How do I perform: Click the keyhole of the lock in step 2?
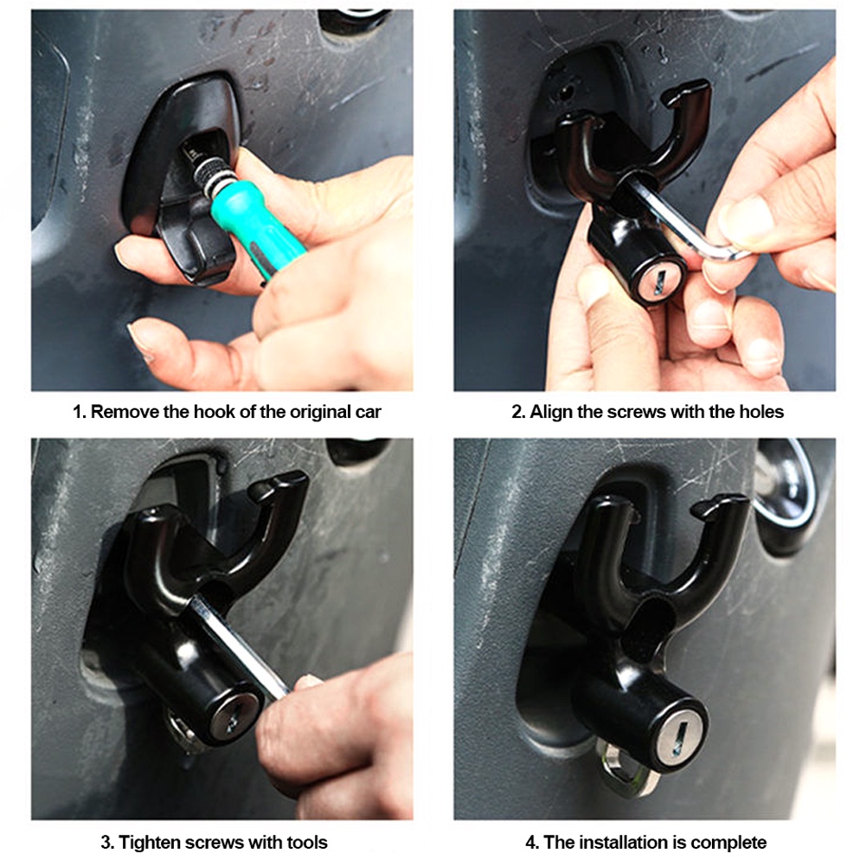[x=661, y=282]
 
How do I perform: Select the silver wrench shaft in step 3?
[x=238, y=647]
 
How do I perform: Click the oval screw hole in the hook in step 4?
[x=652, y=628]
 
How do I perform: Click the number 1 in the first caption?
[x=77, y=412]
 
